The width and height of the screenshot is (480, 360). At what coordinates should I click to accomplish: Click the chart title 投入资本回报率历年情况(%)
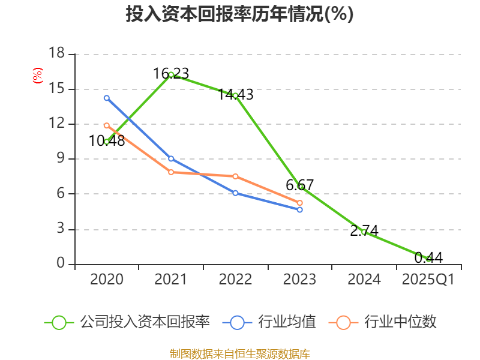pyautogui.click(x=239, y=14)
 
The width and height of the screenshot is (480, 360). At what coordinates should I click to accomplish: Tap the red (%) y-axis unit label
pyautogui.click(x=37, y=76)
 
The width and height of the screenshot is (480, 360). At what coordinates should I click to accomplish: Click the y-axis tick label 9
pyautogui.click(x=61, y=159)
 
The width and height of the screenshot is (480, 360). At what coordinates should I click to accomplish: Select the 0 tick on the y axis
pyautogui.click(x=61, y=263)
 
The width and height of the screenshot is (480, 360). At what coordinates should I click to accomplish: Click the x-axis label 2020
pyautogui.click(x=106, y=280)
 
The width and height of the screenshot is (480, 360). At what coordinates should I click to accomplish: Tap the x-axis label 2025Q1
pyautogui.click(x=428, y=280)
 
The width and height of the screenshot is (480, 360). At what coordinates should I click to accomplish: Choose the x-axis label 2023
pyautogui.click(x=299, y=280)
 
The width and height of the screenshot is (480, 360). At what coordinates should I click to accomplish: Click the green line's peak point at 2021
pyautogui.click(x=171, y=74)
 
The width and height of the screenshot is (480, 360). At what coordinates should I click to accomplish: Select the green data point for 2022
pyautogui.click(x=235, y=95)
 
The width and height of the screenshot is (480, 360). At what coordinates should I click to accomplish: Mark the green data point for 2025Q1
pyautogui.click(x=428, y=259)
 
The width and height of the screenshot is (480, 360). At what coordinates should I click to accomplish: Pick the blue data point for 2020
pyautogui.click(x=107, y=98)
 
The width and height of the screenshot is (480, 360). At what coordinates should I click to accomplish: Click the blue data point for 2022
pyautogui.click(x=235, y=193)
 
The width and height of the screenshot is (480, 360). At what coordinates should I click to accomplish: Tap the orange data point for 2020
pyautogui.click(x=107, y=125)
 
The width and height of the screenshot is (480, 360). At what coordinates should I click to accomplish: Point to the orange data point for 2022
pyautogui.click(x=235, y=176)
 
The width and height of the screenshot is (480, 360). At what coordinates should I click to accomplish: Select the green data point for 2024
pyautogui.click(x=364, y=232)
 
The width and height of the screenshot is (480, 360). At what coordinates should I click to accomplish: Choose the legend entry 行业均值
pyautogui.click(x=271, y=322)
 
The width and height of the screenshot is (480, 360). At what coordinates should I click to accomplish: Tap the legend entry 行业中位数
pyautogui.click(x=385, y=322)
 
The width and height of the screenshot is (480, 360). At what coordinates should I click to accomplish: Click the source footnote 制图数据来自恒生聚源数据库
pyautogui.click(x=239, y=353)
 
